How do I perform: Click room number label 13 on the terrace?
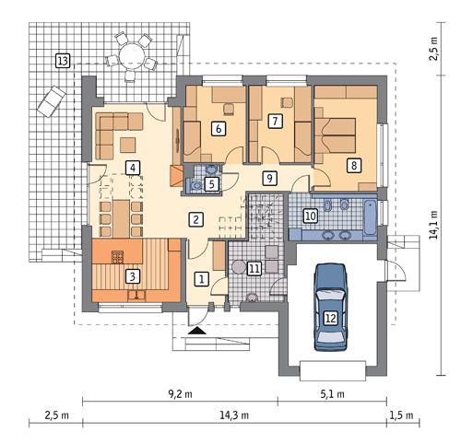pos(62,61)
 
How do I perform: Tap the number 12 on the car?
pos(330,318)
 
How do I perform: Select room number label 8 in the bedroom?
pos(353,166)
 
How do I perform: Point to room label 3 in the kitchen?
pos(133,275)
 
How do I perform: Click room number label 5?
pos(211,184)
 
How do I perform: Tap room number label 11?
pos(254,268)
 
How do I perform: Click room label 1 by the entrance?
pos(201,276)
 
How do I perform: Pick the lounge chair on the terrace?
pos(51,99)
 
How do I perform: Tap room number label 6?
pos(219,129)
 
